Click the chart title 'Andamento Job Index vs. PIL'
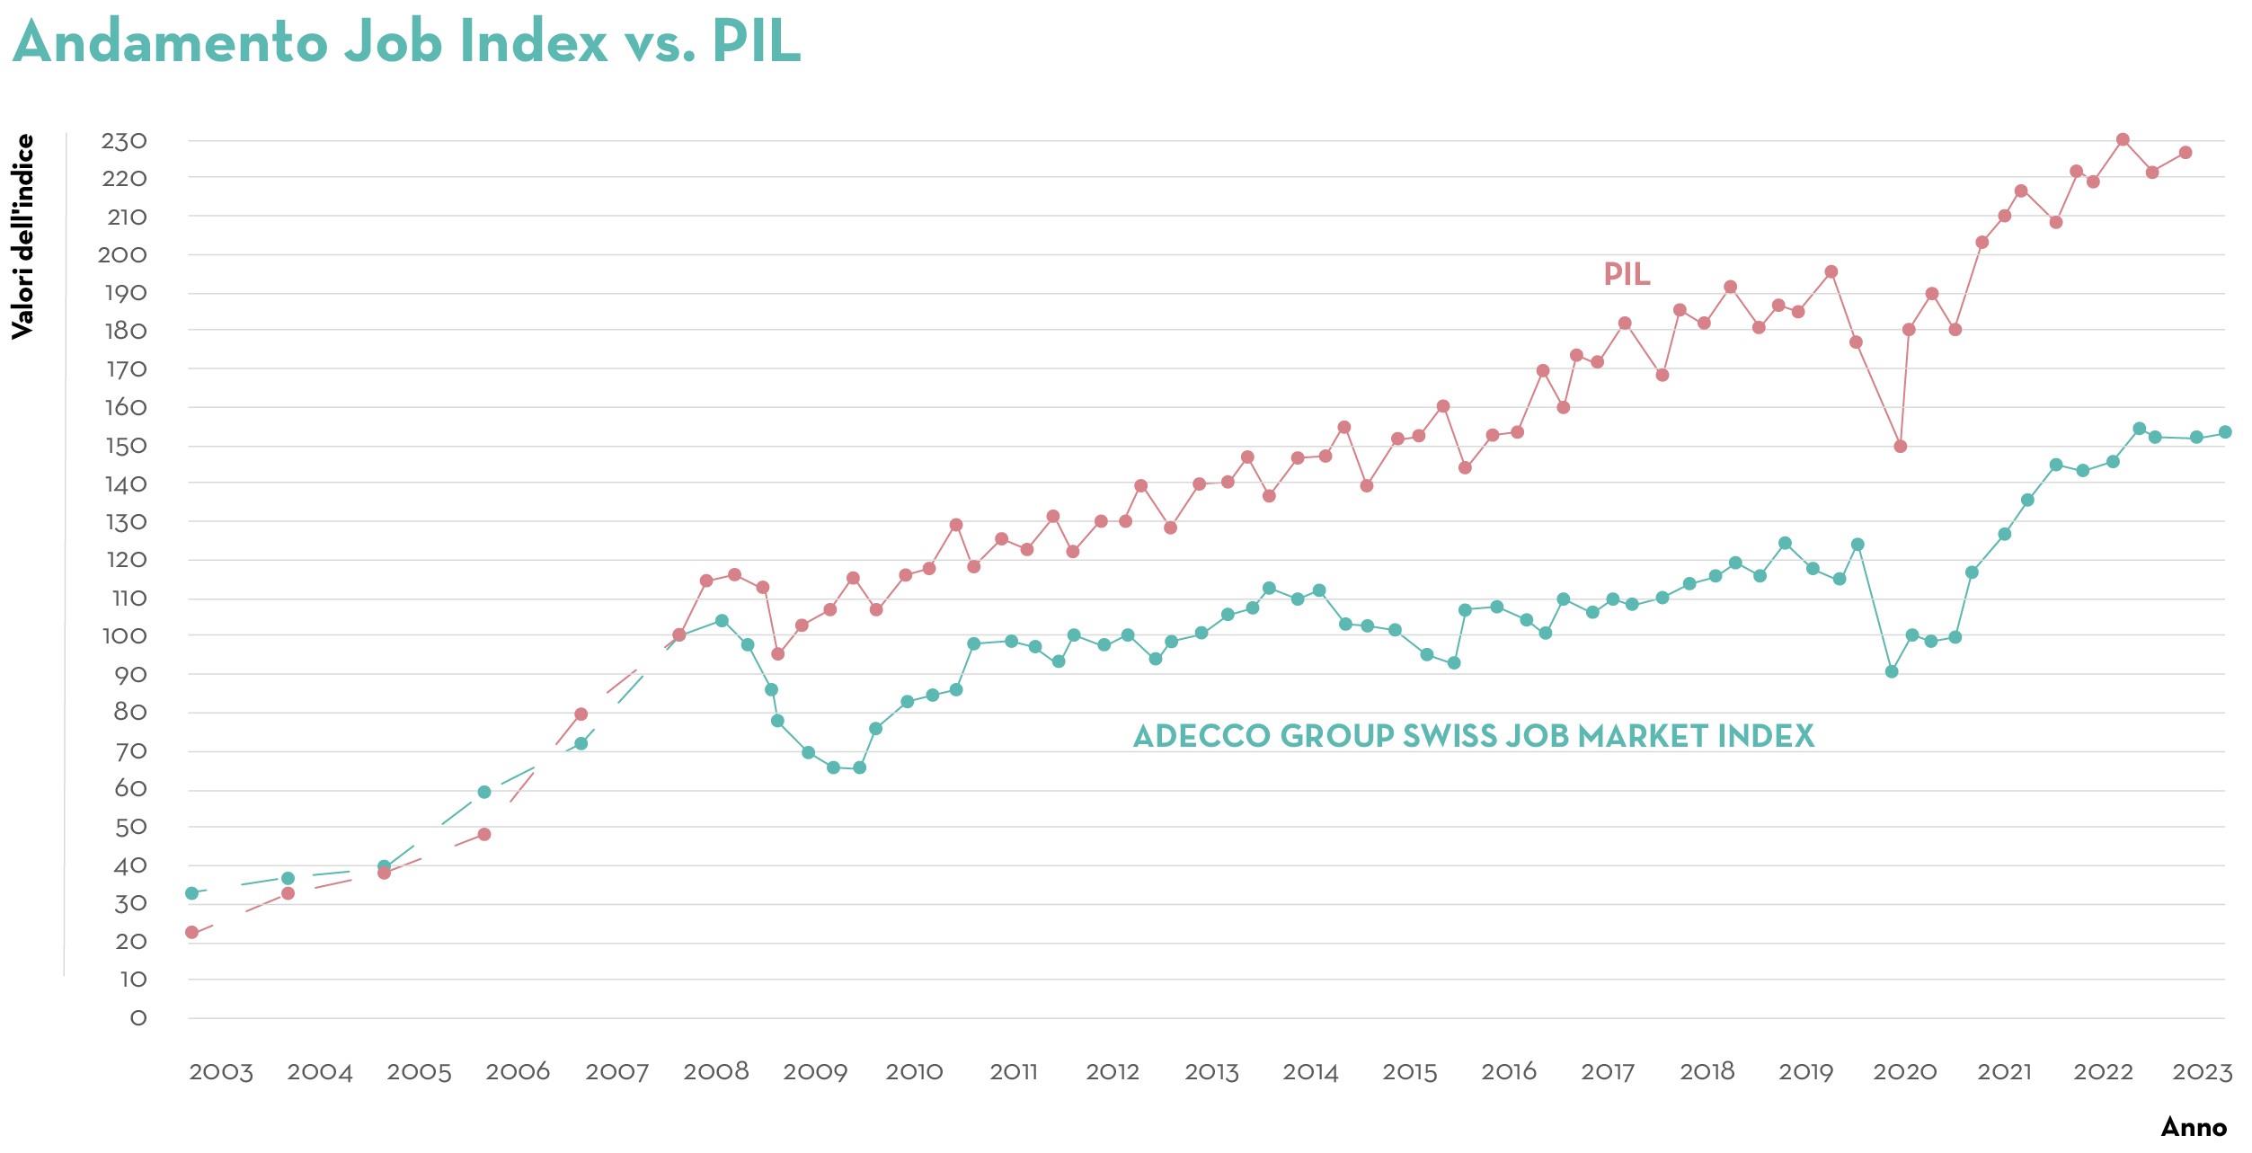406,41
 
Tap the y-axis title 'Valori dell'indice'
22,236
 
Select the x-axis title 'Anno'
2194,1127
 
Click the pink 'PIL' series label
1627,274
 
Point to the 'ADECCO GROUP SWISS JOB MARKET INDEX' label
1473,736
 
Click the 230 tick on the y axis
123,141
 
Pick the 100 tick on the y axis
123,636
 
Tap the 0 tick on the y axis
137,1017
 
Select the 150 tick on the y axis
123,446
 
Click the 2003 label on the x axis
221,1072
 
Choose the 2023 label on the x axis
2202,1072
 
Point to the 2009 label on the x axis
815,1072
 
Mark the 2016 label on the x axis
1509,1072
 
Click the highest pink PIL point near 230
2123,140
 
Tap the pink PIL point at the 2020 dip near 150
1901,447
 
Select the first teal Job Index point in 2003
191,893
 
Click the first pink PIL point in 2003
191,932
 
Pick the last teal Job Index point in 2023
2225,432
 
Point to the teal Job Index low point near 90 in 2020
1892,671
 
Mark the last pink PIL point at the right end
2186,153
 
